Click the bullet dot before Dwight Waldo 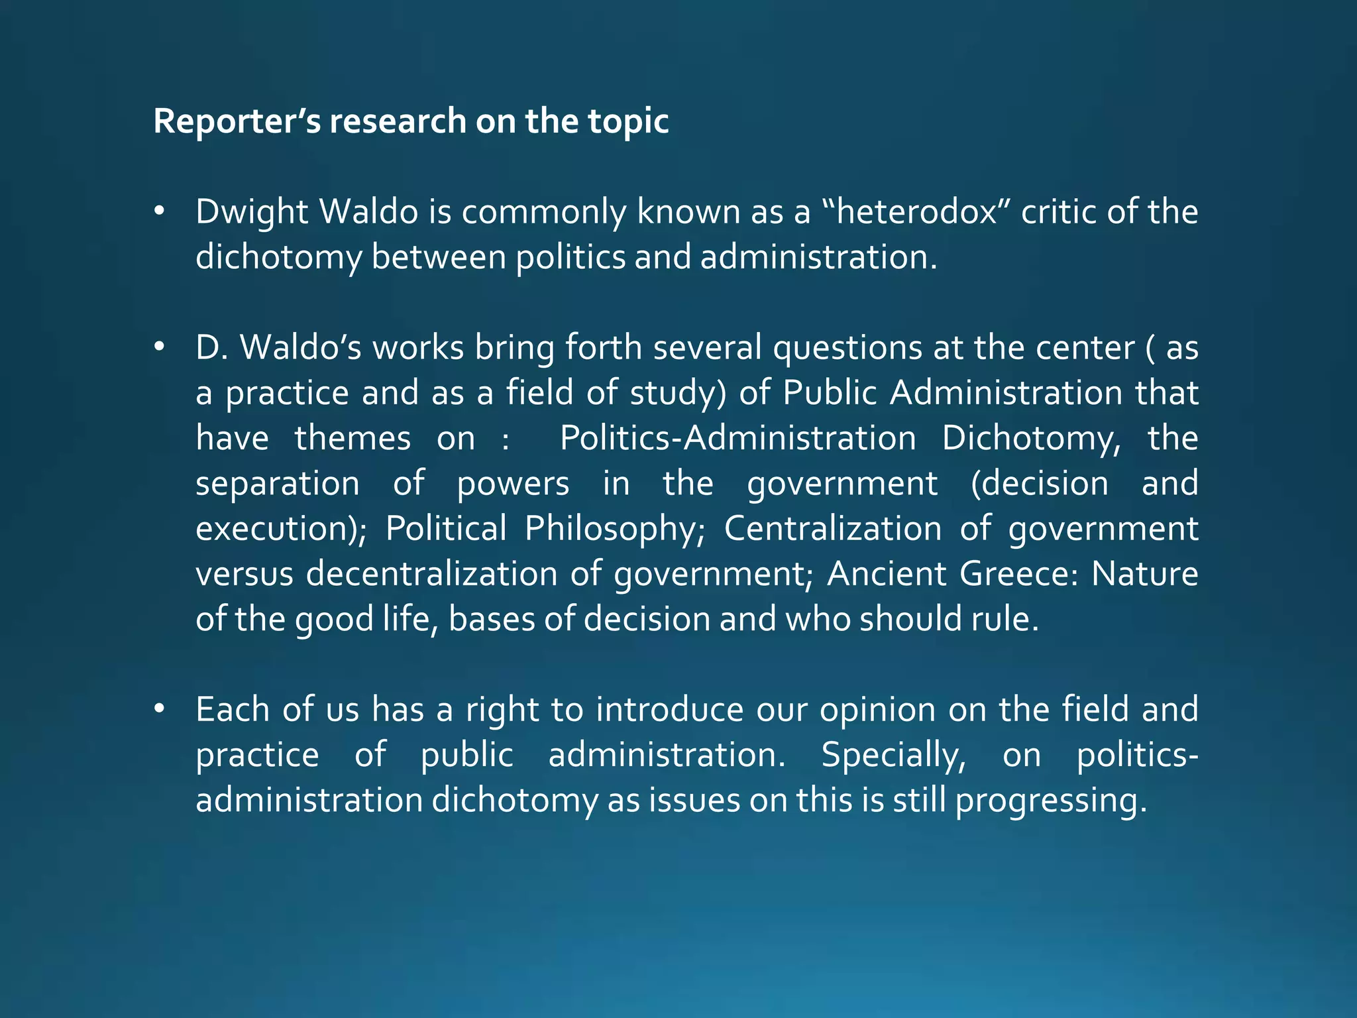(x=158, y=212)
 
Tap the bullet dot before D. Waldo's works (x=158, y=347)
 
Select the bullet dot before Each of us (x=158, y=709)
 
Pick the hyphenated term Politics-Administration (x=737, y=438)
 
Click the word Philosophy (x=615, y=530)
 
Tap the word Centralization (x=832, y=529)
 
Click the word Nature (x=1144, y=574)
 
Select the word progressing (x=1050, y=801)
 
